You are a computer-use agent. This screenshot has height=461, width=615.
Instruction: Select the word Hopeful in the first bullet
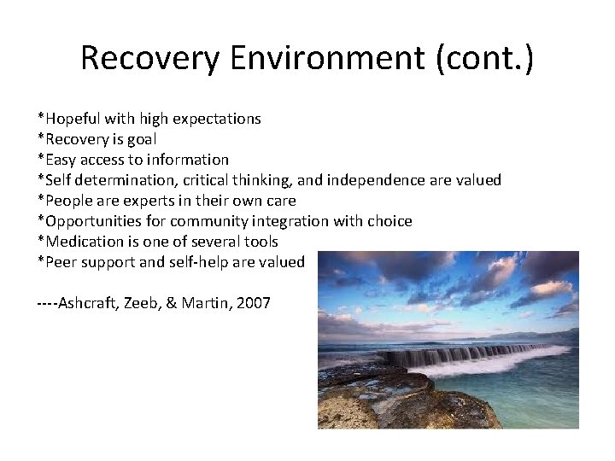(72, 119)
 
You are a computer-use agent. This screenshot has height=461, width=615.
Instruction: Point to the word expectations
(218, 119)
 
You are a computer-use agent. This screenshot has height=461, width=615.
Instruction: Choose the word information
(190, 160)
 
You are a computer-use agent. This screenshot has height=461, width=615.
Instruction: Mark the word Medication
(79, 242)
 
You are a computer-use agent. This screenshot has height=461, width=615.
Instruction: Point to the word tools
(260, 242)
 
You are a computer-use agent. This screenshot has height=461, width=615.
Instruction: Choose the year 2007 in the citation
(253, 303)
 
